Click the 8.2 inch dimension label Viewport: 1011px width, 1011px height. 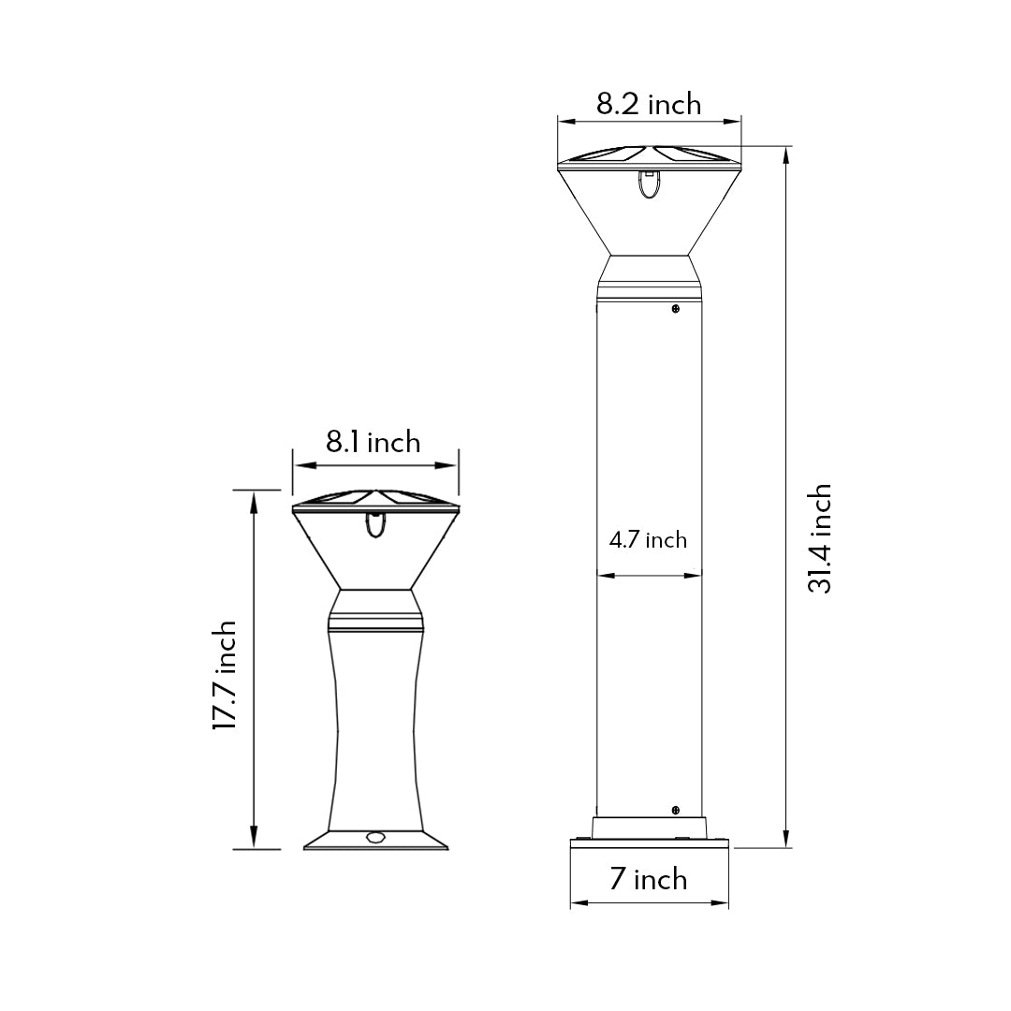(x=649, y=104)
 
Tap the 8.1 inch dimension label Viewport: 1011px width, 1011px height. (x=373, y=442)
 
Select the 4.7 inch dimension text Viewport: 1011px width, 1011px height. (x=648, y=540)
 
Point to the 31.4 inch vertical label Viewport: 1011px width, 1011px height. (x=820, y=538)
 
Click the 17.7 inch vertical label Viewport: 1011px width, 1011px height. (x=224, y=674)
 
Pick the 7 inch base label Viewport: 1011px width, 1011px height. (x=648, y=880)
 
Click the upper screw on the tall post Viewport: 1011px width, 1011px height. (x=675, y=308)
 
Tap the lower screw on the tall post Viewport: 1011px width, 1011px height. (x=675, y=808)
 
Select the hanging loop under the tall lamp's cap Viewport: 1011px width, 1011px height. (x=648, y=184)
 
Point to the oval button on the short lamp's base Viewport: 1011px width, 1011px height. (x=377, y=837)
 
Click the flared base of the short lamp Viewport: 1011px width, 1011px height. (x=375, y=840)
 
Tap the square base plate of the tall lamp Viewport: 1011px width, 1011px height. (x=649, y=842)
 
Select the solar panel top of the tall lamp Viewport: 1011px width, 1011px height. (x=649, y=154)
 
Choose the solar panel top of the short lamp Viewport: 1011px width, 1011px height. (x=375, y=500)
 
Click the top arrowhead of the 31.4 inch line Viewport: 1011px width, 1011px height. (x=785, y=153)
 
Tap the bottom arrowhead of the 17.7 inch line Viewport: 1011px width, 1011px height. (x=254, y=842)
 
